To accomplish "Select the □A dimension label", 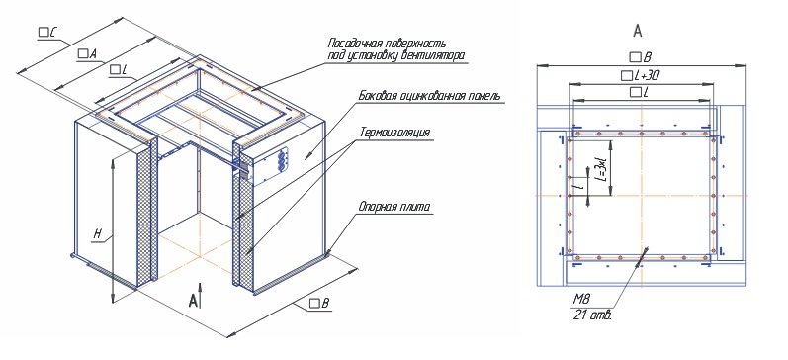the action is (87, 53).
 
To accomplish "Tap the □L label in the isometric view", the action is (117, 69).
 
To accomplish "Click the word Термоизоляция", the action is (394, 133).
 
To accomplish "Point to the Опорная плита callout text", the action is (394, 207).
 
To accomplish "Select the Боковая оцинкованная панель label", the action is (429, 95).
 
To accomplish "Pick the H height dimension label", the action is (98, 233).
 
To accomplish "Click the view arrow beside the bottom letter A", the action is (201, 295).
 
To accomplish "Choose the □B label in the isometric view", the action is (320, 304).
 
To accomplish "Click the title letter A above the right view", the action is (638, 32).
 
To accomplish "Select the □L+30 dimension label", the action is (640, 76).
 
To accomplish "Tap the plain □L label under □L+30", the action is (640, 92).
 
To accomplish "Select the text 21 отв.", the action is (592, 315).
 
